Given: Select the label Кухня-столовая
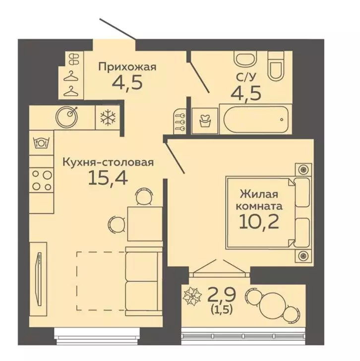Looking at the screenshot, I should click(108, 162).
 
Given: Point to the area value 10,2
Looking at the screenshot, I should click(258, 220).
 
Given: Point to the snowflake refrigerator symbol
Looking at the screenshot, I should click(107, 118).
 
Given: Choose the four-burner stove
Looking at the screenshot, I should click(41, 180).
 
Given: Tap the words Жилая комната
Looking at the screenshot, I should click(258, 199).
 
